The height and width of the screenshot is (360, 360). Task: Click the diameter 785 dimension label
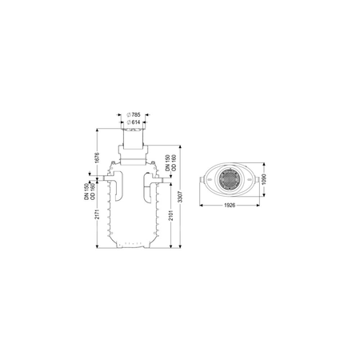tap(134, 115)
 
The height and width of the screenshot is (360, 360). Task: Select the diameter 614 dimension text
tap(134, 122)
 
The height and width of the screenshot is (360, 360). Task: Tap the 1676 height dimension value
tap(97, 158)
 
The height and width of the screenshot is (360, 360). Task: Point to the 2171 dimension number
tap(98, 214)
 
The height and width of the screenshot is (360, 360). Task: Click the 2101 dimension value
tap(171, 215)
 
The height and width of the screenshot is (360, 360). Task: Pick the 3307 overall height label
tap(181, 197)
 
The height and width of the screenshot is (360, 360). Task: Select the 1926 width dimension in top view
tap(230, 206)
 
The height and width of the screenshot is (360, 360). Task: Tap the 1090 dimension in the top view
tap(264, 179)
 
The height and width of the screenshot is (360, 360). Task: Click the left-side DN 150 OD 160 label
tap(90, 191)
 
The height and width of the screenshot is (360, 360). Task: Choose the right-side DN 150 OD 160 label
tap(170, 162)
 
